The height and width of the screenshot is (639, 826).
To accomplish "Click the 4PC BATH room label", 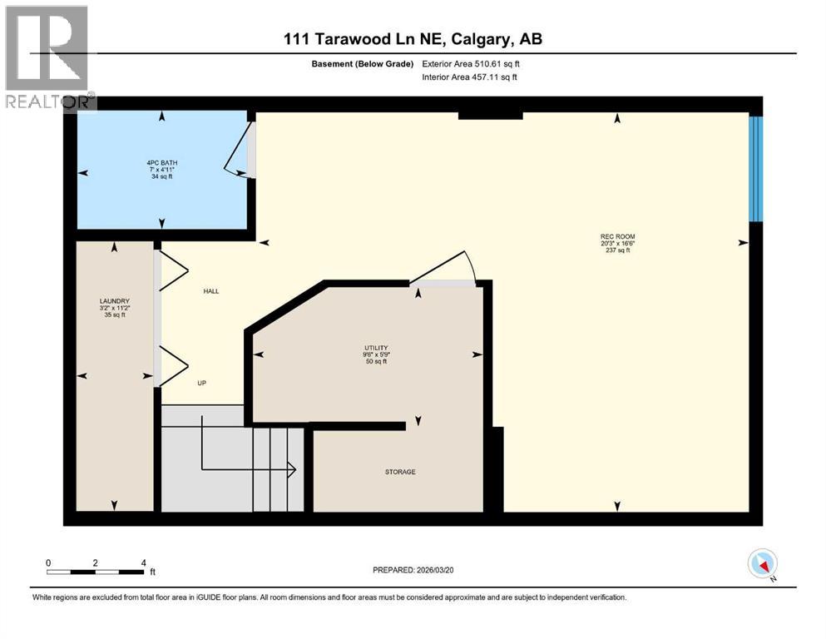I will [x=162, y=162].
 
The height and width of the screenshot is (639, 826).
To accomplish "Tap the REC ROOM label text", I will [x=617, y=236].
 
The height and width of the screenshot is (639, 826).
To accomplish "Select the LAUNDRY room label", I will [x=114, y=301].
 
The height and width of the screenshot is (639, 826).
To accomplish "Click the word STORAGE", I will [x=400, y=472].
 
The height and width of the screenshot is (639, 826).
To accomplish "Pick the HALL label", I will [x=211, y=291].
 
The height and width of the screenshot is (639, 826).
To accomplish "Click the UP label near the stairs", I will [x=201, y=383].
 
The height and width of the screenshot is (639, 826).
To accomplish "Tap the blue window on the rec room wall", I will [x=755, y=169].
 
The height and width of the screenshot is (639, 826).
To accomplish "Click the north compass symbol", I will [x=762, y=564].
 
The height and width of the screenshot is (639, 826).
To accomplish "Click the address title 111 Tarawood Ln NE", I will [x=413, y=39].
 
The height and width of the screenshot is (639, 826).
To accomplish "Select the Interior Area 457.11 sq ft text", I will [x=469, y=77].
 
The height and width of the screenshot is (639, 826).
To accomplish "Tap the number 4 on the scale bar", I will [x=144, y=562].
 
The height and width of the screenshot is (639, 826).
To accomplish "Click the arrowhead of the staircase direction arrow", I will [x=293, y=470].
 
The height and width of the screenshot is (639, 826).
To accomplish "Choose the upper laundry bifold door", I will [x=173, y=270].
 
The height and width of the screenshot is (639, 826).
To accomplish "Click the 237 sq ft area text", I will [x=617, y=250].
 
